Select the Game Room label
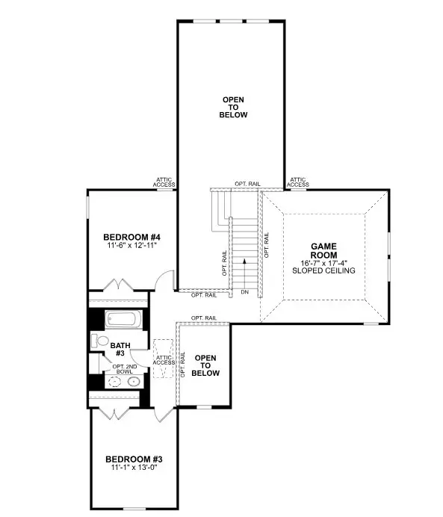tap(326, 250)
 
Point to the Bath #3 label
tap(119, 350)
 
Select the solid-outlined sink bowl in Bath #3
tap(133, 381)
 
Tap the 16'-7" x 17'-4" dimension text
tap(326, 263)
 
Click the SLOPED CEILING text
tap(326, 270)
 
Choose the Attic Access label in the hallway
tap(164, 360)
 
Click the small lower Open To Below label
tap(205, 365)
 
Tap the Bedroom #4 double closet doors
tap(118, 286)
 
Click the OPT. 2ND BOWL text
tap(123, 369)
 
